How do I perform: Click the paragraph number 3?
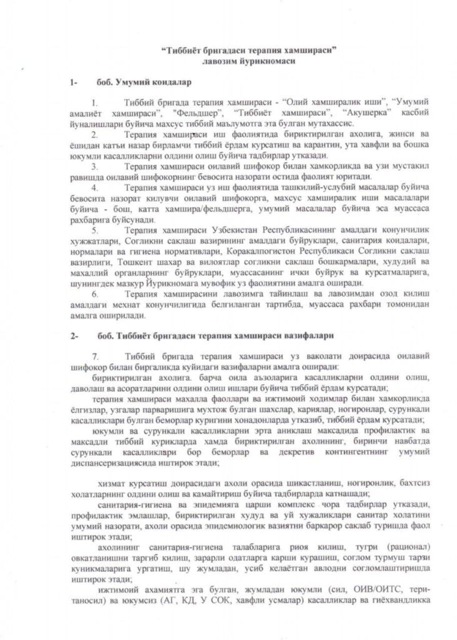(95, 167)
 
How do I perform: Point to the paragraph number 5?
(95, 230)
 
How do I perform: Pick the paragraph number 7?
(95, 355)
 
